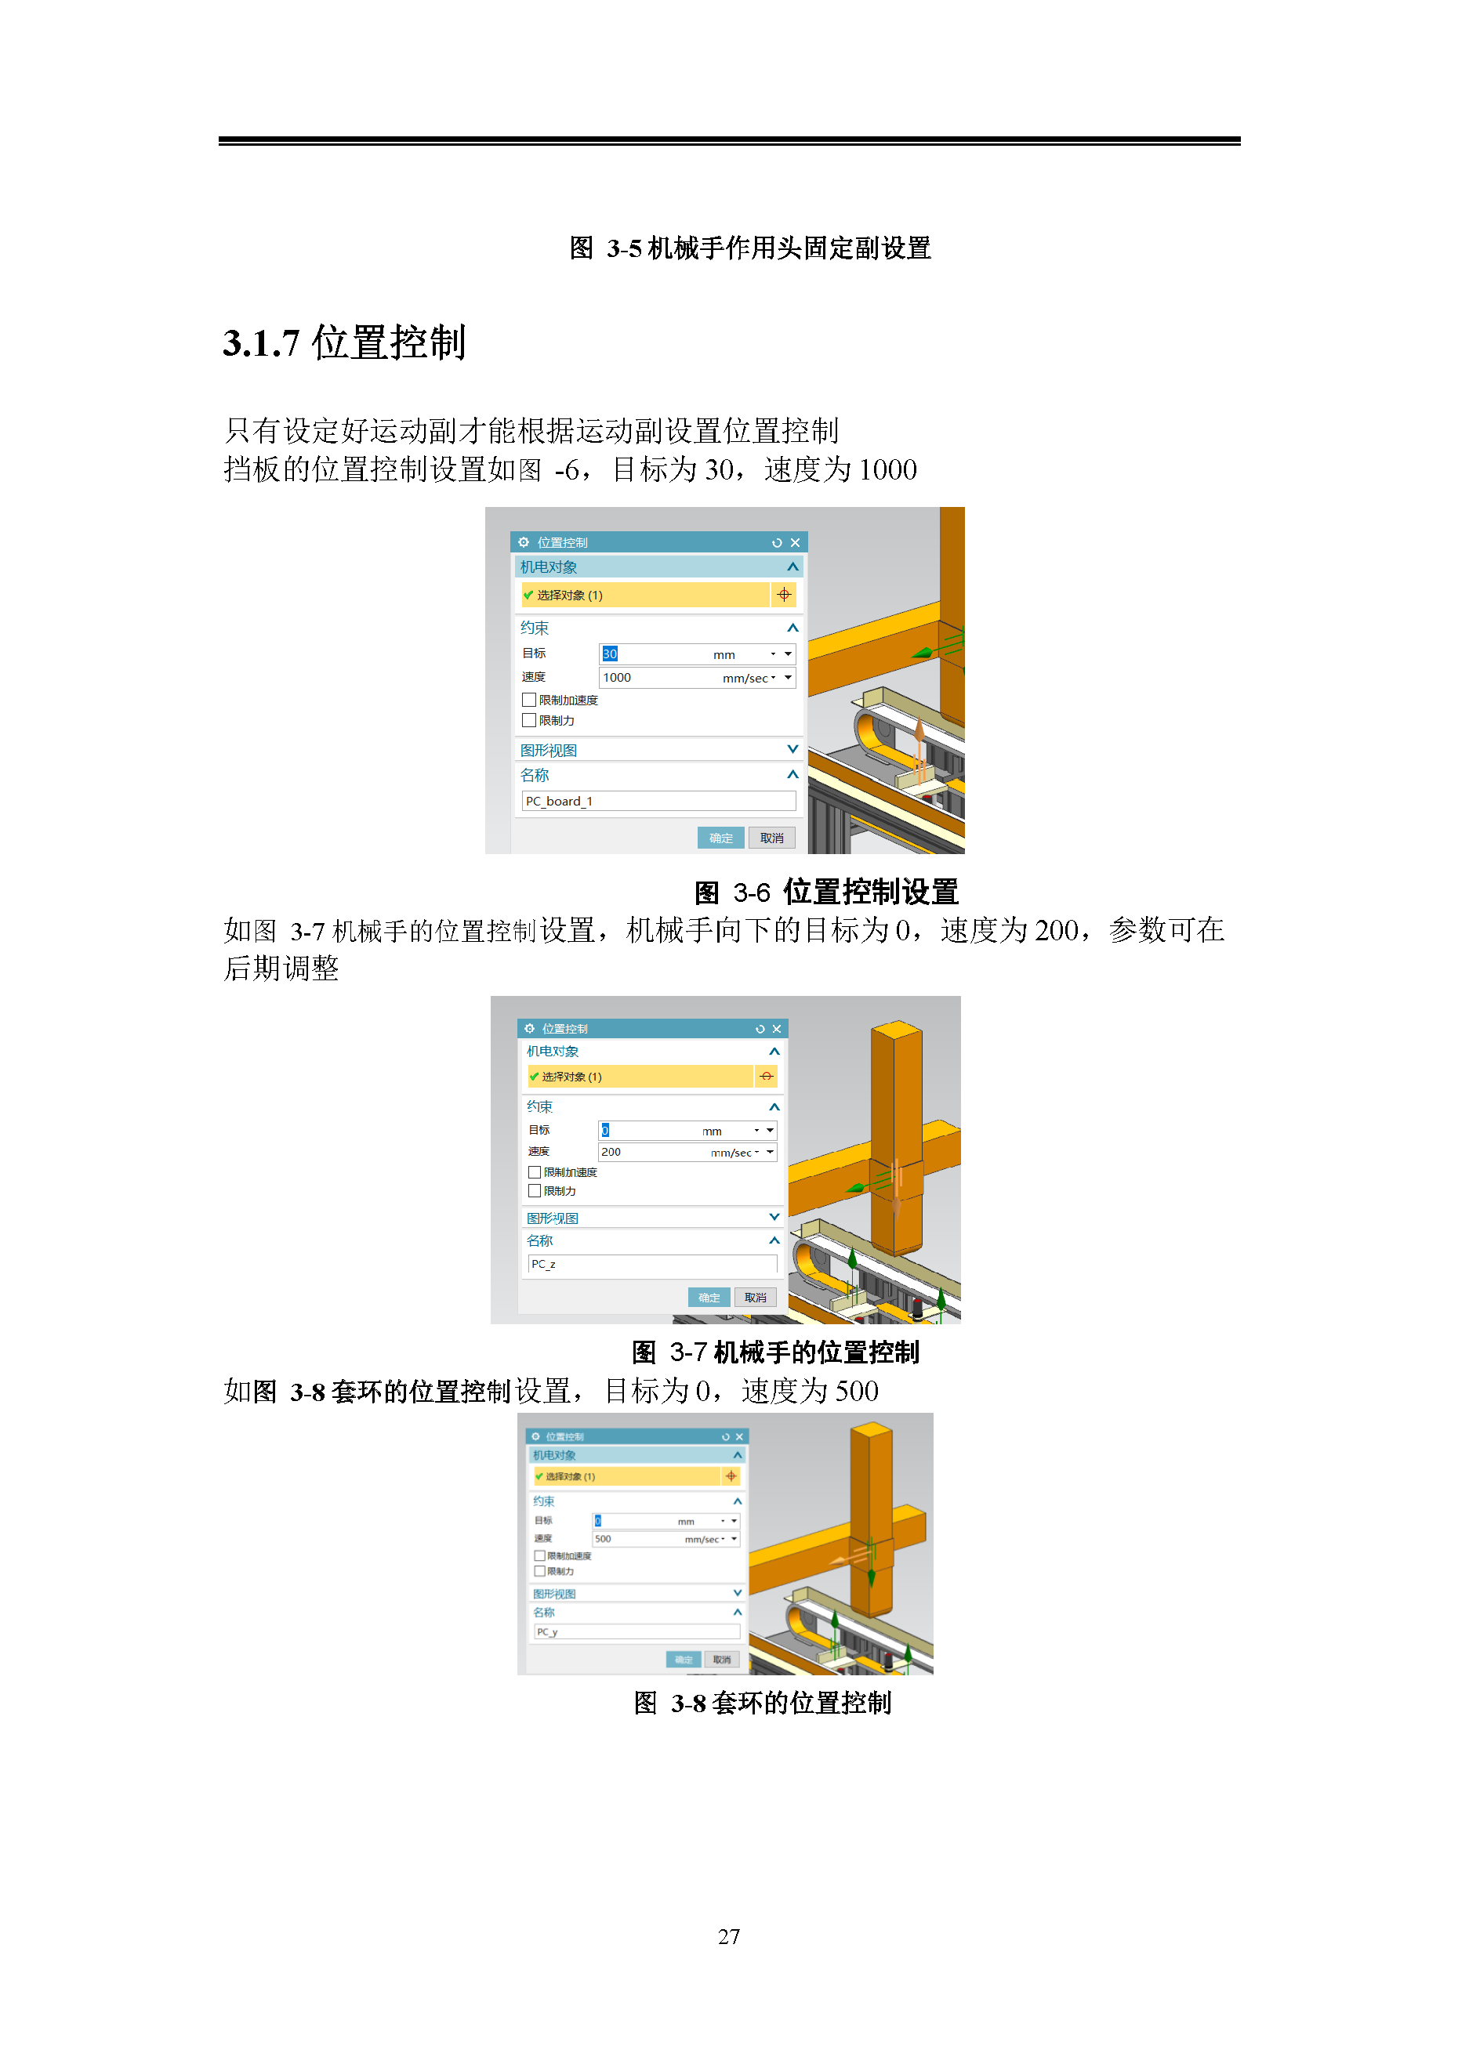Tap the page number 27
coord(728,1935)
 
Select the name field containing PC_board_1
coord(658,801)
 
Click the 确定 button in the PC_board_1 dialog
coord(720,838)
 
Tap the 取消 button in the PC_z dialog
coord(755,1298)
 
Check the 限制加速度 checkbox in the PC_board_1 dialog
coord(528,700)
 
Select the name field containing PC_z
coord(651,1264)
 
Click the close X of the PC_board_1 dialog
coord(795,542)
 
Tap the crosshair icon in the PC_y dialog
coord(731,1475)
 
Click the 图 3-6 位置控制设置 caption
coord(825,892)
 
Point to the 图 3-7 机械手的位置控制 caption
coord(775,1352)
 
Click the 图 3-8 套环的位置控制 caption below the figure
coord(763,1703)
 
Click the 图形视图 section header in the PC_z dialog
coord(553,1218)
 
